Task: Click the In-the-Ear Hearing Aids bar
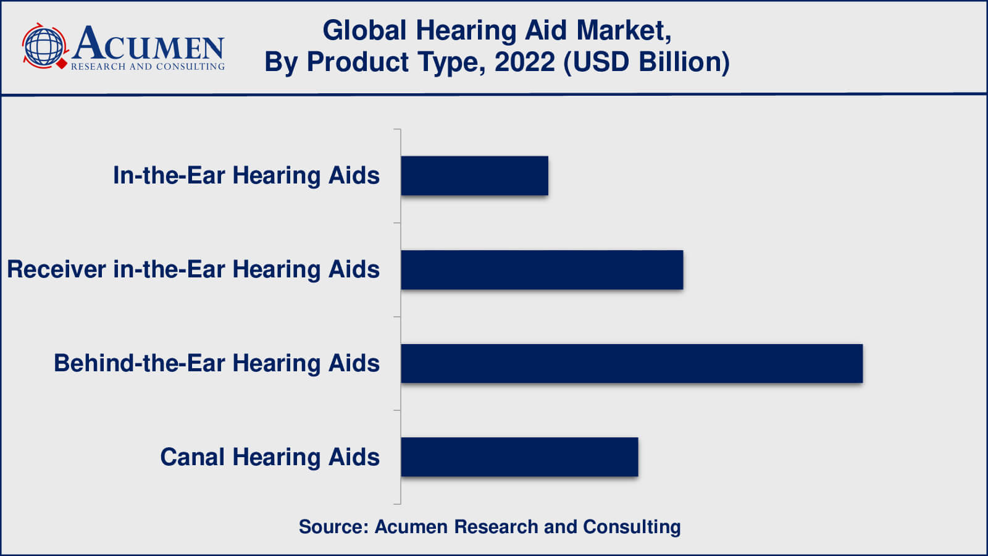pos(474,176)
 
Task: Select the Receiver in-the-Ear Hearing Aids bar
pos(542,270)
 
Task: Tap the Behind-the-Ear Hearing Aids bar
pos(631,364)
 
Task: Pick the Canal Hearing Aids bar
pos(519,457)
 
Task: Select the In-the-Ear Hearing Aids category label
pos(246,176)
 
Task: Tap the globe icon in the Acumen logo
pos(43,46)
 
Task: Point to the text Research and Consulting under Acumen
pos(148,67)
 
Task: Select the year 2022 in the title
pos(524,62)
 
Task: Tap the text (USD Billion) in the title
pos(647,62)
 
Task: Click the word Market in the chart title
pos(622,31)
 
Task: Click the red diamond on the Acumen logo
pos(62,63)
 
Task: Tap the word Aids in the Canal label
pos(354,457)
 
